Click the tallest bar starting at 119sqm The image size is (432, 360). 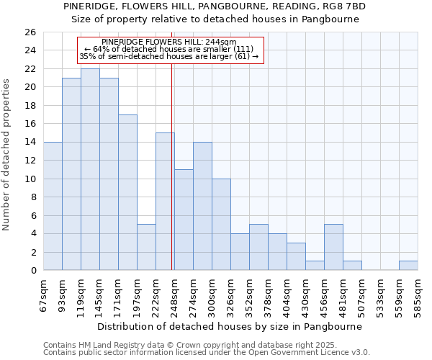tap(90, 169)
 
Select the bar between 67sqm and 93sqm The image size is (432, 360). tap(53, 206)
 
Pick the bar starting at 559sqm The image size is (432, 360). tap(408, 265)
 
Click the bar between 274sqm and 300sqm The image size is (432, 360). tap(202, 206)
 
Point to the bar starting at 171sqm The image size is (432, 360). tap(127, 192)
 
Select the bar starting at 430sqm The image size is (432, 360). tap(315, 265)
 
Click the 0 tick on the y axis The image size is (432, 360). tap(33, 271)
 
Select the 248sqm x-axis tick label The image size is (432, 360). tap(174, 296)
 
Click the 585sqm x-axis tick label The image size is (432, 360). tap(418, 296)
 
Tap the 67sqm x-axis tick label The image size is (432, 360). tap(44, 296)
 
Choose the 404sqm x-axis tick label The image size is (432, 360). tap(287, 296)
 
